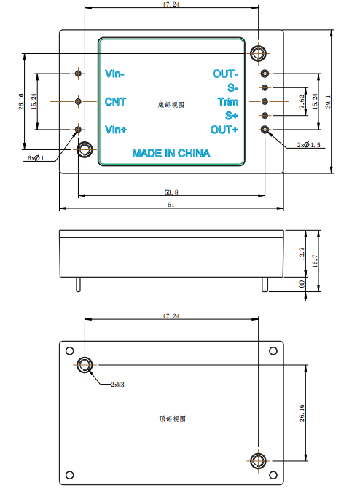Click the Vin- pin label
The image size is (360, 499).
coord(114,74)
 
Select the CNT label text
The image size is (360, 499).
coord(115,102)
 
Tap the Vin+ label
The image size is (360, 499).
coord(116,130)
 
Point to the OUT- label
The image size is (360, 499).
coord(225,74)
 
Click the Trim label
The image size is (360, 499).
coord(228,102)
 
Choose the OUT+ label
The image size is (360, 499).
coord(224,130)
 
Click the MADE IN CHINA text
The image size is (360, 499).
coord(171,153)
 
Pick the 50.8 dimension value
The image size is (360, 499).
coord(171,192)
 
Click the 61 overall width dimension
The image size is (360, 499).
coord(171,205)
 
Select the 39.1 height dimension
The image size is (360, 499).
coord(328,102)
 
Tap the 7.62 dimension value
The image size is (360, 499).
coord(302,102)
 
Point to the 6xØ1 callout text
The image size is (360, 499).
coord(35,158)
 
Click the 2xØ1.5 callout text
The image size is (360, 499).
coord(309,145)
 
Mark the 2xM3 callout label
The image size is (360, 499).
coord(117,385)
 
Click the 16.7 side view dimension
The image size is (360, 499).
coord(315,261)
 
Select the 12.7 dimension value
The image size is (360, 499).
coord(302,254)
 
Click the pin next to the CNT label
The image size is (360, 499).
coord(78,101)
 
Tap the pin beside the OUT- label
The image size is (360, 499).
coord(265,74)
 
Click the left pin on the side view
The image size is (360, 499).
coord(78,285)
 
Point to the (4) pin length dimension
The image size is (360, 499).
coord(302,284)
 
